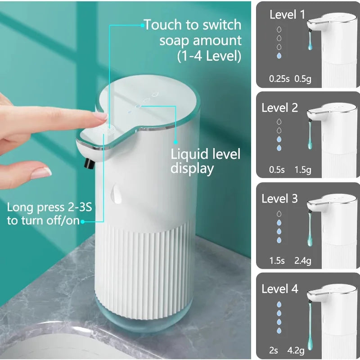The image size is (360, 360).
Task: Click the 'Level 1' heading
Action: (x=287, y=15)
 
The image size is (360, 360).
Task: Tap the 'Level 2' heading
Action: (x=279, y=108)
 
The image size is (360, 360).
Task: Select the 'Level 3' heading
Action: (x=279, y=199)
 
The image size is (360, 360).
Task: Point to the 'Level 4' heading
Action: (x=279, y=289)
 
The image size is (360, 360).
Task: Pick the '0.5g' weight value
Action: (x=303, y=79)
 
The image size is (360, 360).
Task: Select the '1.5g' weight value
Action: (x=303, y=170)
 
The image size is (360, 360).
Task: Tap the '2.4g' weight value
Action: (x=303, y=261)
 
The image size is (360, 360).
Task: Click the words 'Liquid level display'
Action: (x=205, y=161)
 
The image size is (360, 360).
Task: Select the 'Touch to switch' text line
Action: (x=193, y=25)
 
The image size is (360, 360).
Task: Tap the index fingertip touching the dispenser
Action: (x=102, y=117)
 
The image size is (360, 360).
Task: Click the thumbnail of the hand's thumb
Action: (x=42, y=172)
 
